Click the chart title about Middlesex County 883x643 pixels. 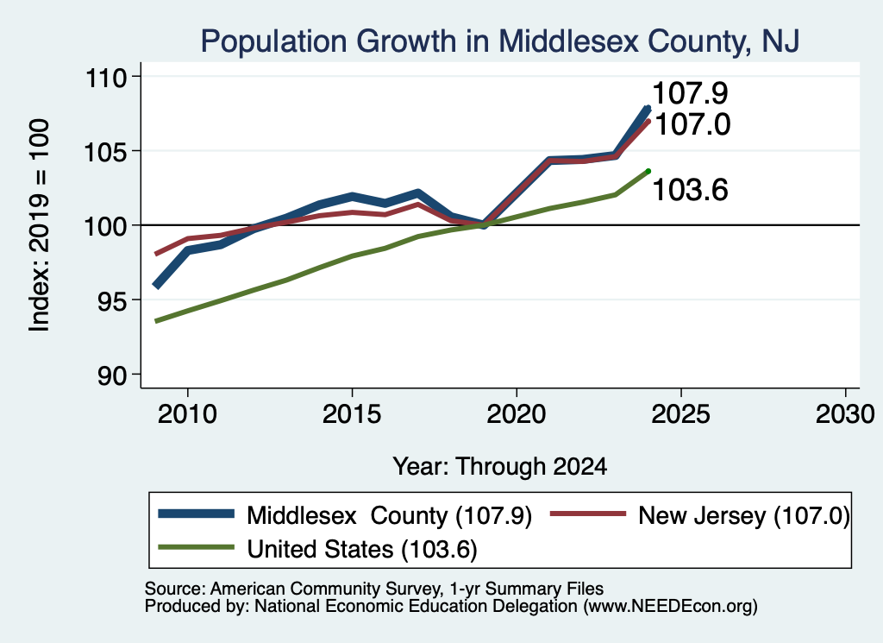(x=500, y=41)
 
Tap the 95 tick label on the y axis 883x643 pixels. (x=112, y=301)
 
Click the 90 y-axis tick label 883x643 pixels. (x=112, y=376)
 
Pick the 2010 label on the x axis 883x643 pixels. (x=187, y=415)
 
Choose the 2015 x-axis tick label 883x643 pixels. (x=352, y=415)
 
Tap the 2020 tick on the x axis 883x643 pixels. (x=517, y=415)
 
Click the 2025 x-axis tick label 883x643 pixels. (x=681, y=415)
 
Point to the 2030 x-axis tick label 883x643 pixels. (x=845, y=415)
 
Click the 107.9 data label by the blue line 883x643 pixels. (x=691, y=93)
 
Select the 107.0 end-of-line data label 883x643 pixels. (x=692, y=124)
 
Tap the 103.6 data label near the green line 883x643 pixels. (x=691, y=190)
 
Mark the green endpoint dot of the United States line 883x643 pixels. (x=648, y=171)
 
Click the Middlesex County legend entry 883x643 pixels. (x=345, y=515)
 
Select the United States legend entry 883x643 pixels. (x=317, y=549)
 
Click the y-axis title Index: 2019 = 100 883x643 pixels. (x=40, y=225)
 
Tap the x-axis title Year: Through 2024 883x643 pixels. (x=500, y=467)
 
